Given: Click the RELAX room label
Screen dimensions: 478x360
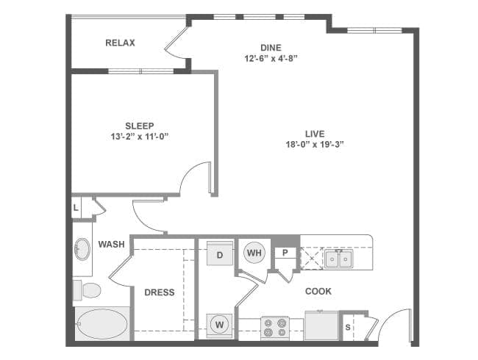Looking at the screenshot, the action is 120,43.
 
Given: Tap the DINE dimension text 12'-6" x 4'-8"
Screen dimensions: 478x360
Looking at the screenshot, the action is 271,58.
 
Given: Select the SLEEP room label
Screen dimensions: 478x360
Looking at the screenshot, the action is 140,126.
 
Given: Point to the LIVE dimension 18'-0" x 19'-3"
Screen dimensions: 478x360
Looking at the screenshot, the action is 315,144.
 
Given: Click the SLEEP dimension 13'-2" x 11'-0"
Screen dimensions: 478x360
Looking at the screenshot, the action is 140,137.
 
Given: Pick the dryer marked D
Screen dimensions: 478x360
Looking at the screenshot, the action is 220,253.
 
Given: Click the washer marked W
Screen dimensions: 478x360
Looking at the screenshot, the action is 219,325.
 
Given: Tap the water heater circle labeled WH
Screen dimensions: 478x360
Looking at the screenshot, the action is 254,253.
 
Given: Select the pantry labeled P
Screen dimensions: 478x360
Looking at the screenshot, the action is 285,253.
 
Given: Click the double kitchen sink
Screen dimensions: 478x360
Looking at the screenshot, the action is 338,259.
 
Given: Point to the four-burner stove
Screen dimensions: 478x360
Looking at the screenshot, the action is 275,328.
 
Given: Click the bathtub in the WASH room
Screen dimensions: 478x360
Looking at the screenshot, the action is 101,324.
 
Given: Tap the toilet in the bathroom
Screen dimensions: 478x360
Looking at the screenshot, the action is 88,290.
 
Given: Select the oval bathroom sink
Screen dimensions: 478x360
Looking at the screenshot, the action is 82,249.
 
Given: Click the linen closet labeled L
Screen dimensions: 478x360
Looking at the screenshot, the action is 76,208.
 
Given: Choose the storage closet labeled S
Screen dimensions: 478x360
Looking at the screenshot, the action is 348,328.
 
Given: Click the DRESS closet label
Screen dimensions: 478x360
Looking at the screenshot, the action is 160,292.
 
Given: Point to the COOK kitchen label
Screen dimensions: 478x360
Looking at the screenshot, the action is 318,292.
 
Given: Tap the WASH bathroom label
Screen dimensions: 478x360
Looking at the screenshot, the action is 111,244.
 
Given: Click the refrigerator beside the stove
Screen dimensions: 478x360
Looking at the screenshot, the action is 321,325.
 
